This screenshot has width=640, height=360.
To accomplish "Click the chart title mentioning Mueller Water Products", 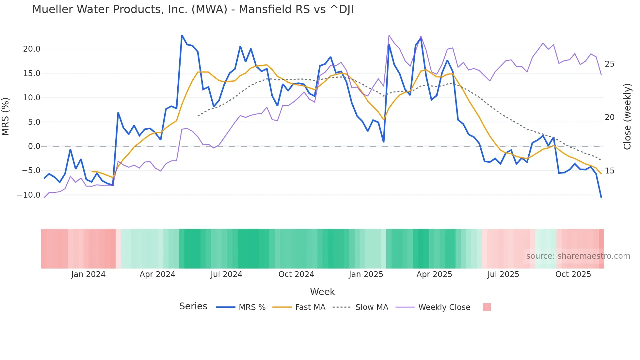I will [x=193, y=9].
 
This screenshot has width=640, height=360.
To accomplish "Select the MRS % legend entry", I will [x=252, y=307].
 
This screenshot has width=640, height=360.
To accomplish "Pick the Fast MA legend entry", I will [x=310, y=307].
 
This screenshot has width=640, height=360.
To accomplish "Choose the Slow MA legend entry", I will [x=372, y=307].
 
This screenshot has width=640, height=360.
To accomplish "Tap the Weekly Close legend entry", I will [x=444, y=307].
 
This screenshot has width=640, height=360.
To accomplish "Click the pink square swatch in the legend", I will [x=487, y=307].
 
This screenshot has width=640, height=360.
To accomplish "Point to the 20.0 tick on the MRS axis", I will [x=32, y=49].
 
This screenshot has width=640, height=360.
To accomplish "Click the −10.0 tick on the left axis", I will [x=29, y=195].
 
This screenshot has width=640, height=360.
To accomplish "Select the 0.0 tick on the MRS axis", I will [x=34, y=146].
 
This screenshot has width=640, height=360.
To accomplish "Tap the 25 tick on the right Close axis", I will [x=609, y=64].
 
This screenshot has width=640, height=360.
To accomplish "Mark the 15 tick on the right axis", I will [x=609, y=171].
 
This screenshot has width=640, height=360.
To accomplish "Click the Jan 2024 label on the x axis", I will [x=88, y=274].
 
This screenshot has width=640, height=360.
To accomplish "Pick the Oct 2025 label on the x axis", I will [x=573, y=274].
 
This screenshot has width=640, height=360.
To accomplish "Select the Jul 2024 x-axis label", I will [x=226, y=274].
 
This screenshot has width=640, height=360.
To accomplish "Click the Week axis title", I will [x=322, y=292].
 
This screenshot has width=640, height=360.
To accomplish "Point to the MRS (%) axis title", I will [x=6, y=116].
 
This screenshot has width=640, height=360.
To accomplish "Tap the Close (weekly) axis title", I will [x=627, y=117].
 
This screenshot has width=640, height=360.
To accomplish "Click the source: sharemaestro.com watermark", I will [x=578, y=256].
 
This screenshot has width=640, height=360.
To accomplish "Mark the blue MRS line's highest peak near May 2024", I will [x=182, y=35].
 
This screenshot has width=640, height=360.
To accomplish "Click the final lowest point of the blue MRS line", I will [x=601, y=197].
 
